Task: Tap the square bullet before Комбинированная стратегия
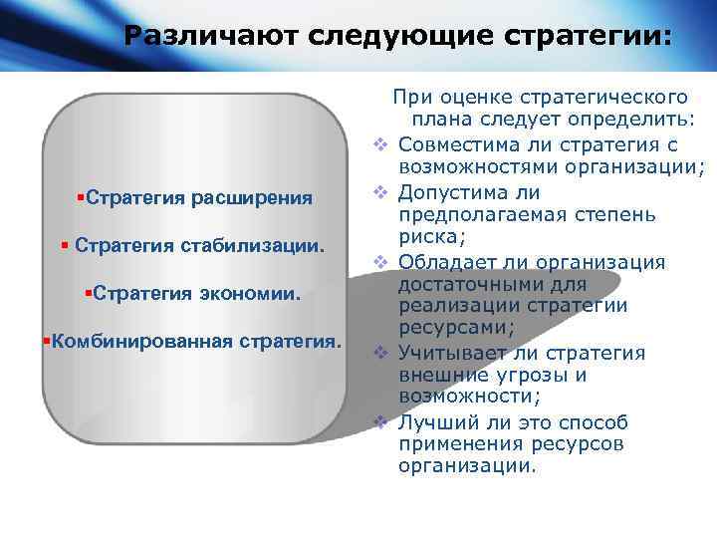46,342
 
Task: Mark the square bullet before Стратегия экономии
89,293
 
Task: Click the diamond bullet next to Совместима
379,145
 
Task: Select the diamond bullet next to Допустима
379,192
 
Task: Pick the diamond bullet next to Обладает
379,262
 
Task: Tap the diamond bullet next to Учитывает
379,353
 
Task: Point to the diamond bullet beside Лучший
379,421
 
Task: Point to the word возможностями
467,166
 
